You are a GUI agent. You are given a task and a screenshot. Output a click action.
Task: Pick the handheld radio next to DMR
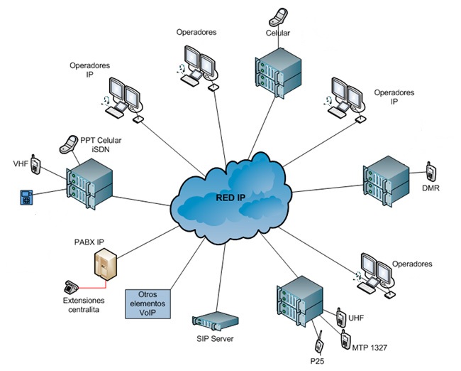coord(429,172)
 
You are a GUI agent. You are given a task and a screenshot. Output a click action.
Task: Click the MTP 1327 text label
coord(371,348)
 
